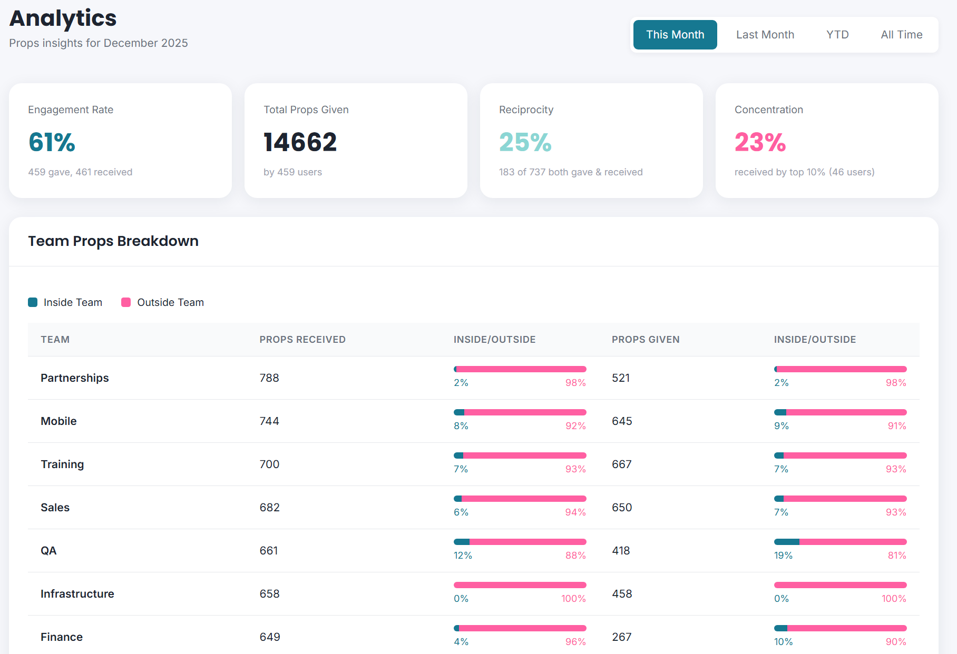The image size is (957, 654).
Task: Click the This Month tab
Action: coord(675,35)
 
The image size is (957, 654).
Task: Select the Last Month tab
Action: coord(765,35)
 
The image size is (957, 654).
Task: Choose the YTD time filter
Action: coord(837,35)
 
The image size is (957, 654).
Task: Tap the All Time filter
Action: coord(901,35)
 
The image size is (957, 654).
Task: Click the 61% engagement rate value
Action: coord(52,142)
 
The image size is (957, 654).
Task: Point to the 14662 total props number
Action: coord(300,142)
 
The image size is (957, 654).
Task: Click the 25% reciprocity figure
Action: coord(525,142)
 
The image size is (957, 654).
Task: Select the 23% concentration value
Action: coord(760,142)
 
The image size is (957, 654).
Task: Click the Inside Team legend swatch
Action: coord(33,302)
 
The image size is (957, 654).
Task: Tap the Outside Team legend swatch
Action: coord(126,302)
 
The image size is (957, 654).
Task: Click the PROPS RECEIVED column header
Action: coord(302,340)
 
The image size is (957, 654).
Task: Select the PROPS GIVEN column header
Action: coord(646,340)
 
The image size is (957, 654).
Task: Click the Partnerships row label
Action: coord(75,378)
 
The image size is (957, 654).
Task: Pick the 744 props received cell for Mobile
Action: coord(269,421)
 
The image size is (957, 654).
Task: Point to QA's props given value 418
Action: coord(621,551)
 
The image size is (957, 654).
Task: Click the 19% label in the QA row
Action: coord(783,556)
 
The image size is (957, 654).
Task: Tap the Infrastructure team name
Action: coord(77,594)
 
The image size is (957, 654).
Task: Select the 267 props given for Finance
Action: coord(622,637)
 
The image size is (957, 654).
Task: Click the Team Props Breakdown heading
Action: coord(113,241)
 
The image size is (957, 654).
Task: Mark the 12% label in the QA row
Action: coord(463,556)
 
